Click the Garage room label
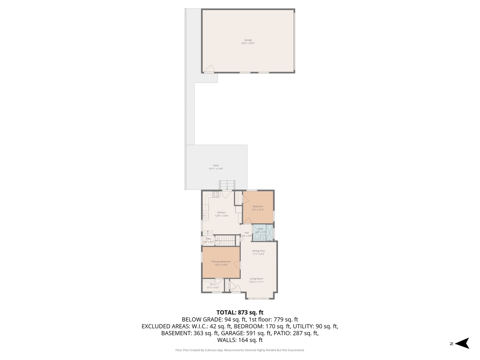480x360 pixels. point(248,40)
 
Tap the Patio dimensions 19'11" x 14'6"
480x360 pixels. point(216,169)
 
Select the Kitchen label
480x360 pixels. point(221,213)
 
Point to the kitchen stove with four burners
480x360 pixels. point(216,194)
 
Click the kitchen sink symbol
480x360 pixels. point(205,216)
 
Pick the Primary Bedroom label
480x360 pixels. point(221,262)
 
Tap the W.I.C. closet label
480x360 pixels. point(213,284)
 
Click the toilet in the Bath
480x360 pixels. point(256,237)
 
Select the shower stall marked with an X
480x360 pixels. point(269,232)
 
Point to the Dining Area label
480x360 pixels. point(258,251)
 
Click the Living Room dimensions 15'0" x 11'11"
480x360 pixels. point(256,282)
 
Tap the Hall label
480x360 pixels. point(247,233)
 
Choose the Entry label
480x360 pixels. point(208,239)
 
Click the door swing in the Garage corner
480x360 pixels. point(209,69)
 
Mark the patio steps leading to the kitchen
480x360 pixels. point(227,185)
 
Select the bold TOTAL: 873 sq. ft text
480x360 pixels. point(240,312)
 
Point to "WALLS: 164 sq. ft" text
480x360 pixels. point(240,340)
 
